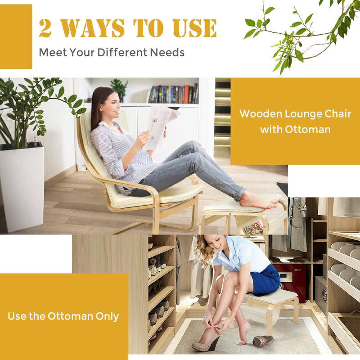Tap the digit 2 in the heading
click(45, 28)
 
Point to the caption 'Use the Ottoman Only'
click(63, 316)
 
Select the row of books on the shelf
click(173, 94)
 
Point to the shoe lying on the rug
click(262, 341)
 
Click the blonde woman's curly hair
click(205, 250)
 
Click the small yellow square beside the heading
click(16, 36)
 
